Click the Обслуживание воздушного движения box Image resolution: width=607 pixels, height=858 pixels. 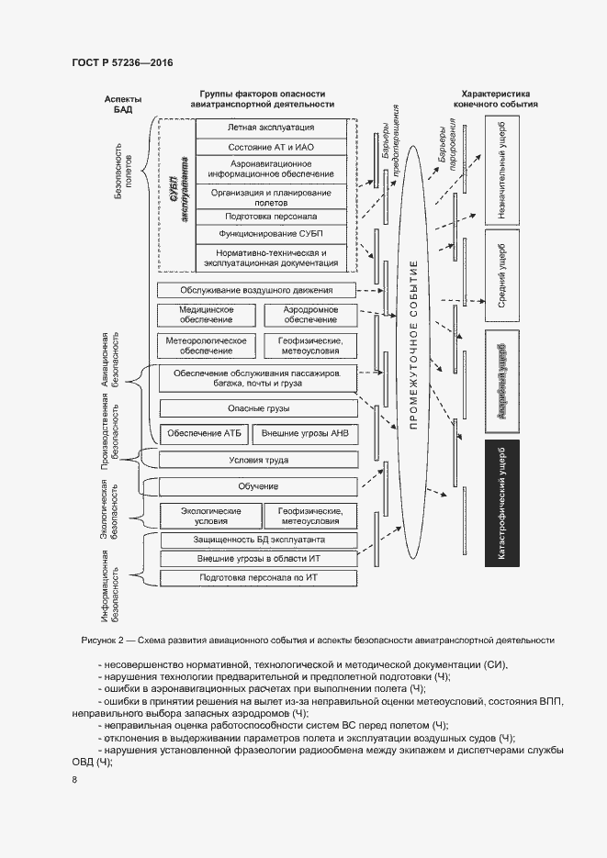pos(257,290)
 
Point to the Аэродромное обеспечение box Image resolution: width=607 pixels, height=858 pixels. pos(310,315)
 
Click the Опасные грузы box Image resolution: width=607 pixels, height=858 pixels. pos(257,407)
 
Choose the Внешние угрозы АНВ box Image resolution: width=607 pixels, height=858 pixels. pos(309,433)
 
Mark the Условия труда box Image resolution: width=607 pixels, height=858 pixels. pos(257,460)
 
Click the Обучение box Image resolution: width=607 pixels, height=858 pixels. pos(257,486)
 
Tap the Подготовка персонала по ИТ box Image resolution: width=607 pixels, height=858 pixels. pos(257,577)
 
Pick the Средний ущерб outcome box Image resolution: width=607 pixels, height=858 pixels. pos(501,279)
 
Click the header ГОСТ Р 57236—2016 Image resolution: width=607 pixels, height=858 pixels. pos(122,62)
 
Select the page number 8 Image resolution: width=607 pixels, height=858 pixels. pos(74,779)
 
